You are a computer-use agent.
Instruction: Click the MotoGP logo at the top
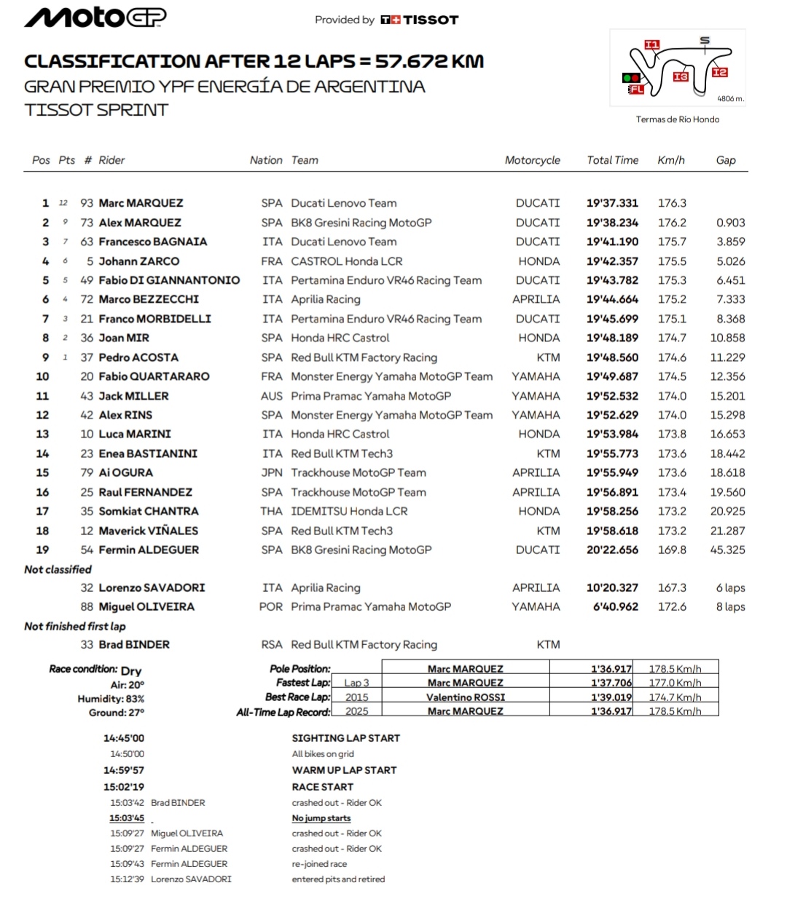(x=95, y=18)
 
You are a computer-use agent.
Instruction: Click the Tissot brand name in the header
(x=430, y=20)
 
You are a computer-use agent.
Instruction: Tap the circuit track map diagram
(x=678, y=68)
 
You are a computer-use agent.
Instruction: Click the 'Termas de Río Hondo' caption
(x=677, y=119)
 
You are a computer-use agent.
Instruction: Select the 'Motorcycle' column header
(x=532, y=160)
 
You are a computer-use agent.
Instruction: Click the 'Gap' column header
(x=725, y=160)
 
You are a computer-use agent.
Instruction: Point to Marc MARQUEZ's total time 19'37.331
(x=612, y=203)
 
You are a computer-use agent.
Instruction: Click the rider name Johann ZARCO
(x=138, y=261)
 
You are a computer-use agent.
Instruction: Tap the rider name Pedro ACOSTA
(x=138, y=357)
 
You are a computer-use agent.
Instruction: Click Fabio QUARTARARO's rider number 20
(x=87, y=376)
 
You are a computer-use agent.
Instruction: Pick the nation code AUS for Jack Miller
(x=271, y=396)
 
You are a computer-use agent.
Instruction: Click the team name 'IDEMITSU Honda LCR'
(x=349, y=511)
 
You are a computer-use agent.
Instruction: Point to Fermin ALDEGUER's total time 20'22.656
(x=612, y=550)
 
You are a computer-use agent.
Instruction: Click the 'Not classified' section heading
(x=58, y=569)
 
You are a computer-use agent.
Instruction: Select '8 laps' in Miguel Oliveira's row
(x=730, y=606)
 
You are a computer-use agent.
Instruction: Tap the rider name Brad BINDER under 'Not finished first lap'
(x=134, y=644)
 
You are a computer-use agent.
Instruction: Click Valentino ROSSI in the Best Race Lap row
(x=465, y=697)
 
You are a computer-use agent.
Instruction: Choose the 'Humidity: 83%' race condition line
(x=111, y=699)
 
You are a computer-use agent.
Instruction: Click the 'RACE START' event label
(x=322, y=787)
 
